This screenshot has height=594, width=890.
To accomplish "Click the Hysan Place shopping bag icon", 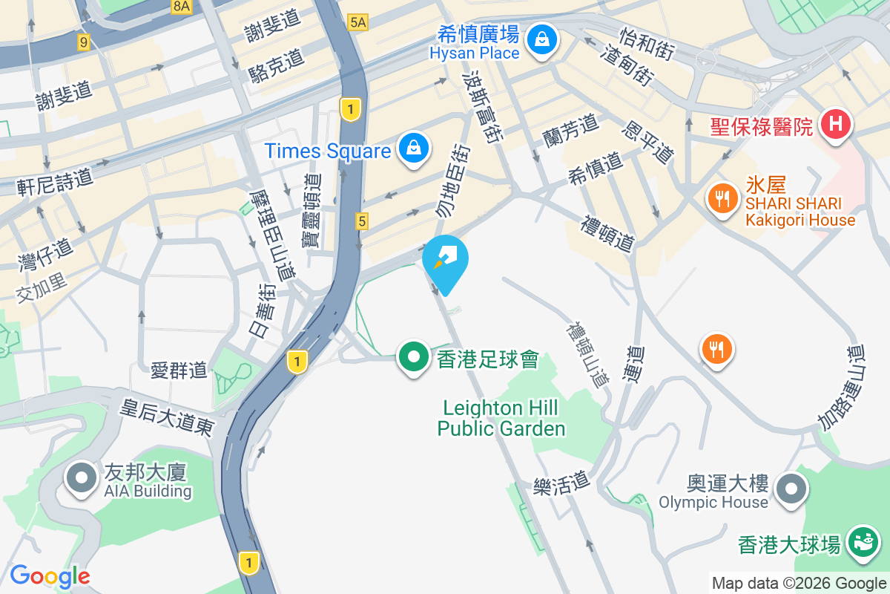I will tap(543, 38).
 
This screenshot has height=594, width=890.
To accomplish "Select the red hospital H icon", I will tap(835, 123).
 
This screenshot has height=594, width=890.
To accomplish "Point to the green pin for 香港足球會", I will tap(413, 358).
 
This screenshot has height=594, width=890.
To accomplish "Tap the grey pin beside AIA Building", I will tap(82, 479).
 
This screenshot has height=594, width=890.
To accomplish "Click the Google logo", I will tap(50, 576).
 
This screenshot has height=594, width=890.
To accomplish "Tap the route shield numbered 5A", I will tap(357, 22).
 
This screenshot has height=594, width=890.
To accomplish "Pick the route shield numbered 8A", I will tap(181, 7).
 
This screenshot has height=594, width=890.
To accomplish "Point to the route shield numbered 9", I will tap(83, 43).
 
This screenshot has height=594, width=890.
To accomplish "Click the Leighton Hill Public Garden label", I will tap(501, 418).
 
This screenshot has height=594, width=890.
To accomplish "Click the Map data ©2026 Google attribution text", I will tap(799, 584).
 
